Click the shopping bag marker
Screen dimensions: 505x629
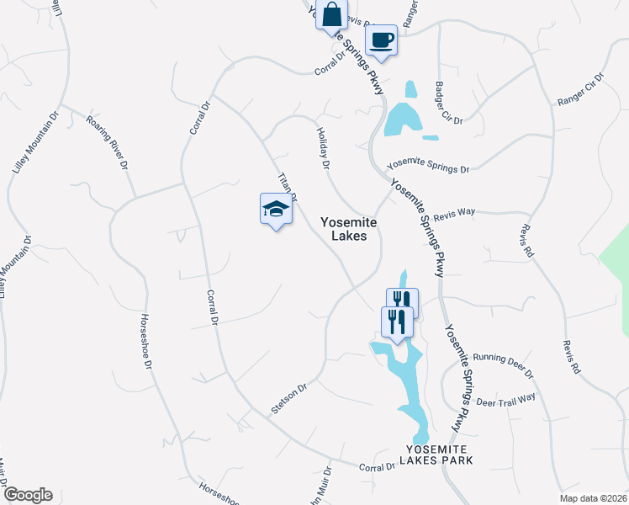click(331, 15)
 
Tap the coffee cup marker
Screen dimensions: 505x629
click(381, 40)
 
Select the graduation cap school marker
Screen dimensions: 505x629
click(276, 210)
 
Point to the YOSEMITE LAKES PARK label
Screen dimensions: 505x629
click(440, 454)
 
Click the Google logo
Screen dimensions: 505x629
click(27, 495)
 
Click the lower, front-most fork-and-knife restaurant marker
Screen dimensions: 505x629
click(397, 321)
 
